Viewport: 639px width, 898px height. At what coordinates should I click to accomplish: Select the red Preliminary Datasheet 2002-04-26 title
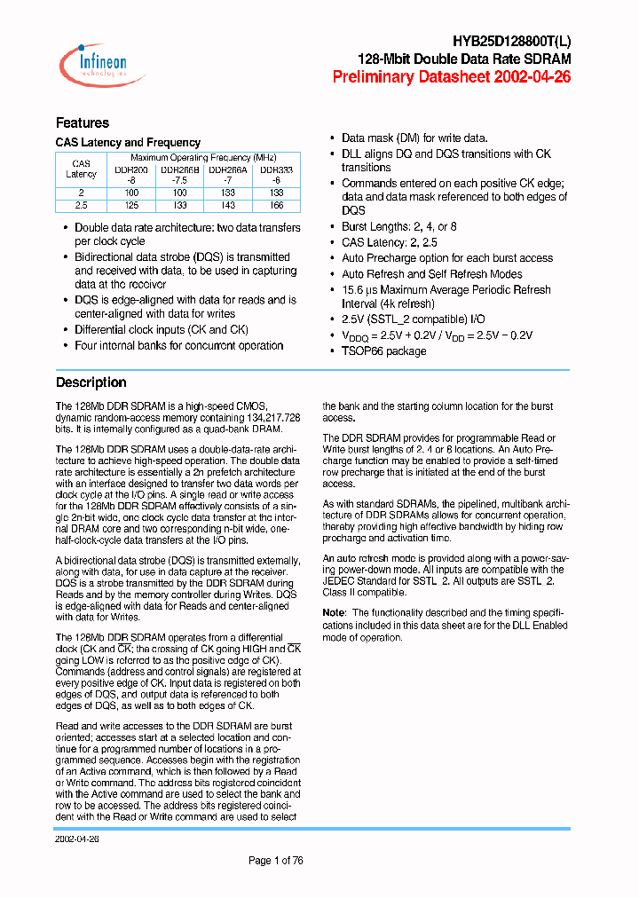[x=451, y=77]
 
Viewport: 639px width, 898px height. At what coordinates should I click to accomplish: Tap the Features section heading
[x=83, y=123]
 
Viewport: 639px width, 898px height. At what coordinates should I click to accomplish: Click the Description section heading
[x=91, y=382]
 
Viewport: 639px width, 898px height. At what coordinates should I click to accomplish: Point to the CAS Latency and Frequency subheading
[x=128, y=143]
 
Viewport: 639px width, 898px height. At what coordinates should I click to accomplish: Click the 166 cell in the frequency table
[x=276, y=204]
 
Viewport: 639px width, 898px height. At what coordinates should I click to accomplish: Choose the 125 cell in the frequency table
[x=131, y=204]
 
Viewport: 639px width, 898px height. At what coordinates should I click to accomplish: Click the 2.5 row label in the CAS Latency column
[x=81, y=204]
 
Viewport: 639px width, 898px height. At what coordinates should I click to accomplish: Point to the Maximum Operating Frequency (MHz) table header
[x=203, y=157]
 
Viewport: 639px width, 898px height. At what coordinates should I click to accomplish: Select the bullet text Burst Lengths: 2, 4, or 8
[x=398, y=226]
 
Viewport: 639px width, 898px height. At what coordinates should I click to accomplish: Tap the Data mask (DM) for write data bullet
[x=414, y=138]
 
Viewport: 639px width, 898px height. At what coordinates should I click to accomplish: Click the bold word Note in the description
[x=333, y=612]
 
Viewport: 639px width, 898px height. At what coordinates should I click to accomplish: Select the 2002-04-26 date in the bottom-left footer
[x=77, y=837]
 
